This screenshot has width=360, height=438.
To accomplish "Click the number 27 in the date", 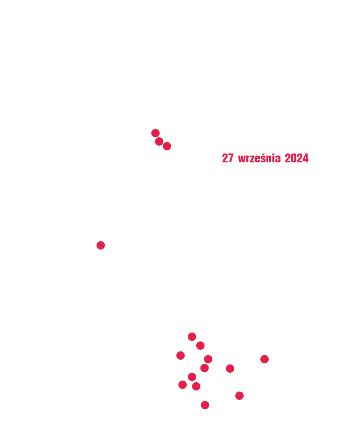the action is pyautogui.click(x=227, y=158).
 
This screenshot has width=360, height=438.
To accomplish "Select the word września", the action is pyautogui.click(x=259, y=158).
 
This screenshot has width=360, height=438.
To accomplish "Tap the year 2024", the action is pyautogui.click(x=297, y=158).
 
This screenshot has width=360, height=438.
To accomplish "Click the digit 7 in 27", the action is pyautogui.click(x=231, y=158).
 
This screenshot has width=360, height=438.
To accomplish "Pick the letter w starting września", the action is pyautogui.click(x=242, y=160).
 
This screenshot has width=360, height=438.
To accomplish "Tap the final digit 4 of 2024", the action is pyautogui.click(x=306, y=158).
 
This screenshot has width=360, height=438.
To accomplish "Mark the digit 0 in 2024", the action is pyautogui.click(x=294, y=158).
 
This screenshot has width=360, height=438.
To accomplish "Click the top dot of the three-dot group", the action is pyautogui.click(x=155, y=133).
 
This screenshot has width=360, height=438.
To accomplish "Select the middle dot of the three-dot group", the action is pyautogui.click(x=159, y=141).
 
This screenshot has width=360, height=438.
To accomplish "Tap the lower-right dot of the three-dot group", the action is pyautogui.click(x=167, y=146).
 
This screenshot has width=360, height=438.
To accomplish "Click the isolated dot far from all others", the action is pyautogui.click(x=101, y=245).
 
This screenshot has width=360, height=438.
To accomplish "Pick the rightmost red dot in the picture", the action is pyautogui.click(x=265, y=359).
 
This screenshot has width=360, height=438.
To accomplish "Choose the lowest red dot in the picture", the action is pyautogui.click(x=205, y=405).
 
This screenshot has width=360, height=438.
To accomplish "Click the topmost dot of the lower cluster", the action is pyautogui.click(x=192, y=337).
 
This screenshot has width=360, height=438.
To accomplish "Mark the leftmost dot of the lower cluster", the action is pyautogui.click(x=181, y=356).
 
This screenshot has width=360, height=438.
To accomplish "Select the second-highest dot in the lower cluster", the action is pyautogui.click(x=200, y=346).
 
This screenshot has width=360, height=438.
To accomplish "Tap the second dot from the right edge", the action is pyautogui.click(x=239, y=396).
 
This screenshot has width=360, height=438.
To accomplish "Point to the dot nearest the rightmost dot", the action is pyautogui.click(x=230, y=369).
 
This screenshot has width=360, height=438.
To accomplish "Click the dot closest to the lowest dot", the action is pyautogui.click(x=196, y=386).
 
